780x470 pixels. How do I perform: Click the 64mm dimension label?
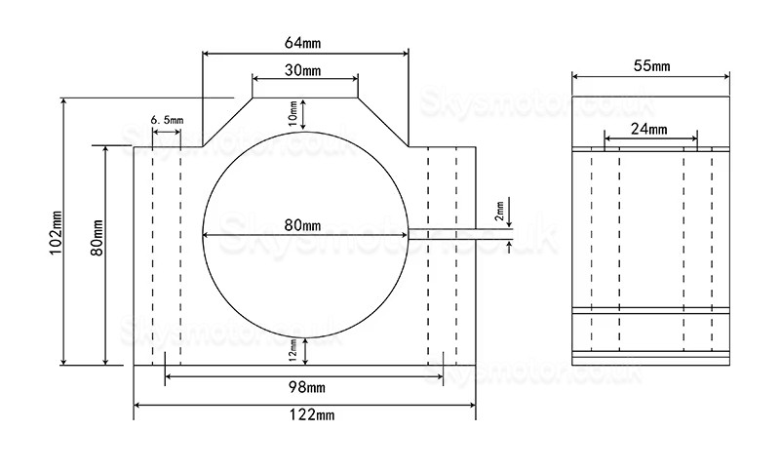tap(305, 43)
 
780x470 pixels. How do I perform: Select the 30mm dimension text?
tap(305, 71)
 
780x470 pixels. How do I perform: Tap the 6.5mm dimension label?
tap(166, 119)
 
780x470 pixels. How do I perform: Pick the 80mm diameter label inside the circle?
tap(303, 225)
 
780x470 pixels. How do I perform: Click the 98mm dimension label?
tap(305, 386)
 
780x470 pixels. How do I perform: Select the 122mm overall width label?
tap(305, 415)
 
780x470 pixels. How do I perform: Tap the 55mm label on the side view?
tap(651, 65)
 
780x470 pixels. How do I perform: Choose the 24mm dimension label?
tap(650, 129)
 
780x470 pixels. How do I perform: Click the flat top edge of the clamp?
tap(305, 98)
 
